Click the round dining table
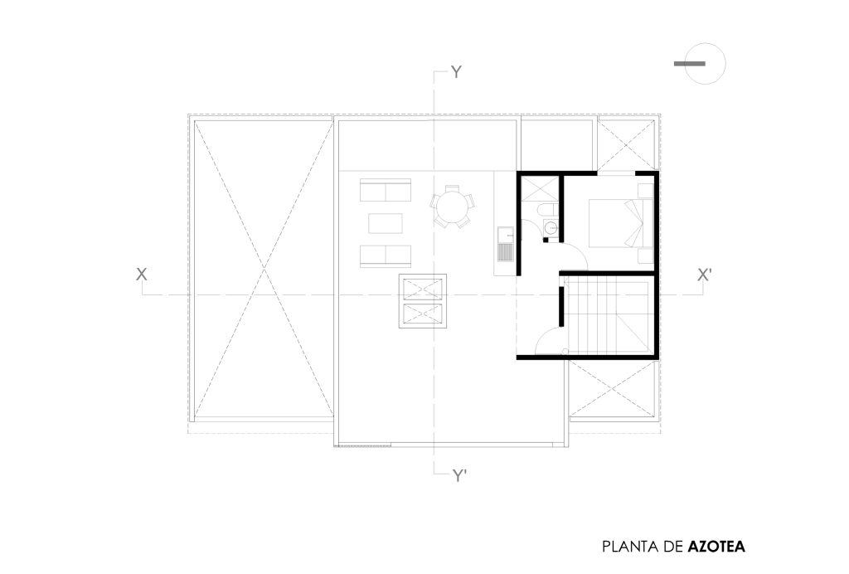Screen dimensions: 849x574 (x=452, y=207)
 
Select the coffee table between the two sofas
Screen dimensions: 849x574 (x=385, y=223)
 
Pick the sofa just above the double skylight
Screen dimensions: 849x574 (x=385, y=256)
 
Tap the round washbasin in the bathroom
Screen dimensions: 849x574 (x=550, y=227)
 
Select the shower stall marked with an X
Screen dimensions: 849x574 (x=540, y=189)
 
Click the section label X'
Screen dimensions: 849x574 (x=704, y=275)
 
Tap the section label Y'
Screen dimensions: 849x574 (x=459, y=476)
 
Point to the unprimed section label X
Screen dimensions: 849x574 (x=141, y=275)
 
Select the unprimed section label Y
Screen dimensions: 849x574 (x=457, y=72)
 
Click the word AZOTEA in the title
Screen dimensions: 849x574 (x=716, y=547)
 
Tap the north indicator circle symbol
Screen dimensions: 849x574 (x=705, y=63)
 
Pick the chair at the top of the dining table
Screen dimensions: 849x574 (x=452, y=188)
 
